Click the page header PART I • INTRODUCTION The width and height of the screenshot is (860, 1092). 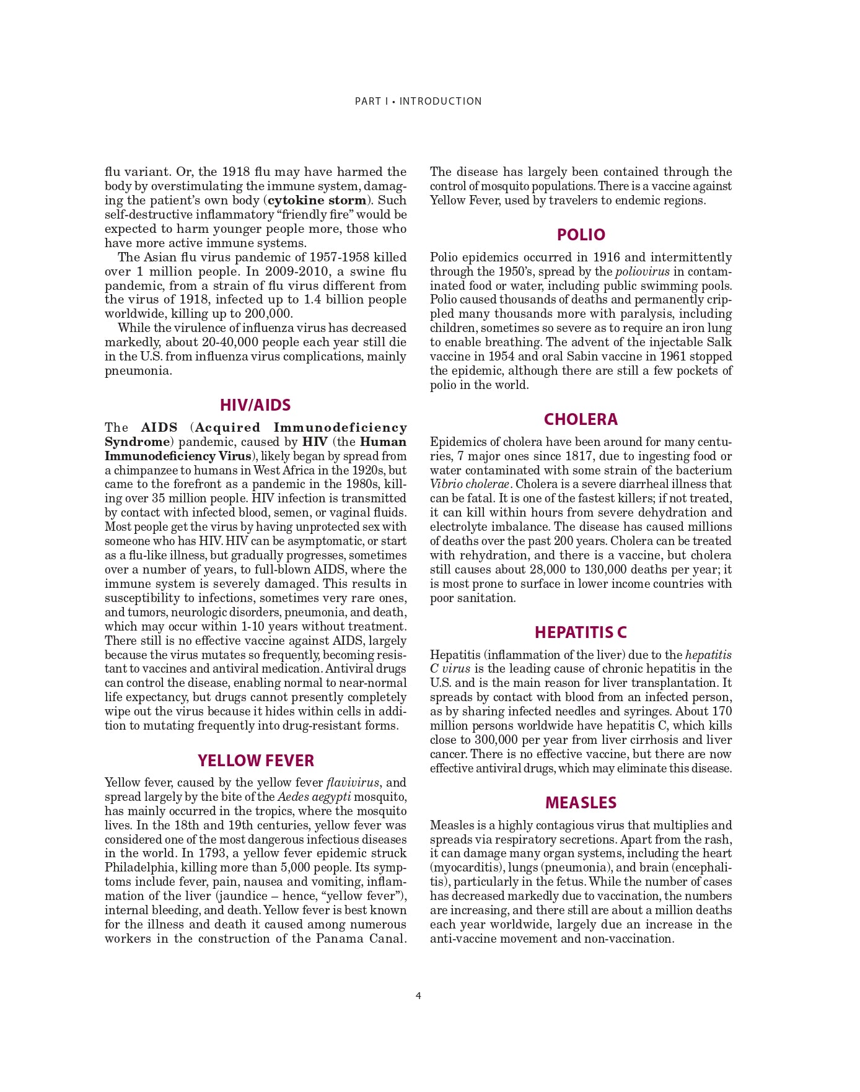[418, 101]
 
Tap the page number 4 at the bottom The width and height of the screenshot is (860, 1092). [418, 996]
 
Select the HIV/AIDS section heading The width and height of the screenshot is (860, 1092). [255, 405]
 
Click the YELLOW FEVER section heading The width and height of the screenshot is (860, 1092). [255, 761]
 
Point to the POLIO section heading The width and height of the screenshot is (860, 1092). [581, 235]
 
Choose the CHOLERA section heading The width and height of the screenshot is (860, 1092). [581, 419]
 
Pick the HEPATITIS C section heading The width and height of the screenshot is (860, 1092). [581, 632]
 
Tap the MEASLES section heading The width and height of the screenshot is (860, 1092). [581, 803]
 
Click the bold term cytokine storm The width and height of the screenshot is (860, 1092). [317, 200]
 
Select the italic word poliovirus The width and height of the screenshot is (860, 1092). [642, 271]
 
